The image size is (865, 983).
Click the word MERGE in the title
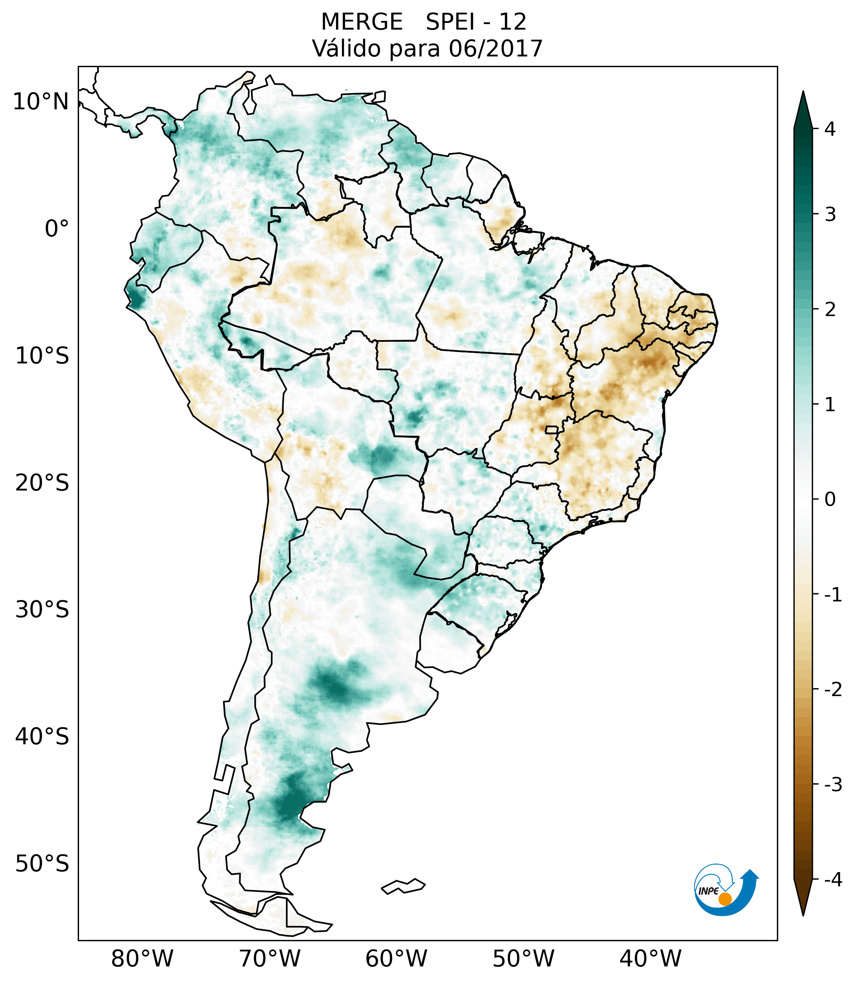click(361, 22)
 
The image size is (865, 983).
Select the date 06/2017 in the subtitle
click(495, 49)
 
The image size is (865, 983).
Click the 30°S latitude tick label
click(42, 609)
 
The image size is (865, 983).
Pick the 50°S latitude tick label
click(42, 864)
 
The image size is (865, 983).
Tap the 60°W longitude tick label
click(396, 959)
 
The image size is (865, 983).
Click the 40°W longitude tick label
click(650, 959)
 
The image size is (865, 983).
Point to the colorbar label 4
click(830, 129)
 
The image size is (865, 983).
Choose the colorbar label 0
click(830, 500)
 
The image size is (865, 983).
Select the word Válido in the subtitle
click(346, 49)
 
